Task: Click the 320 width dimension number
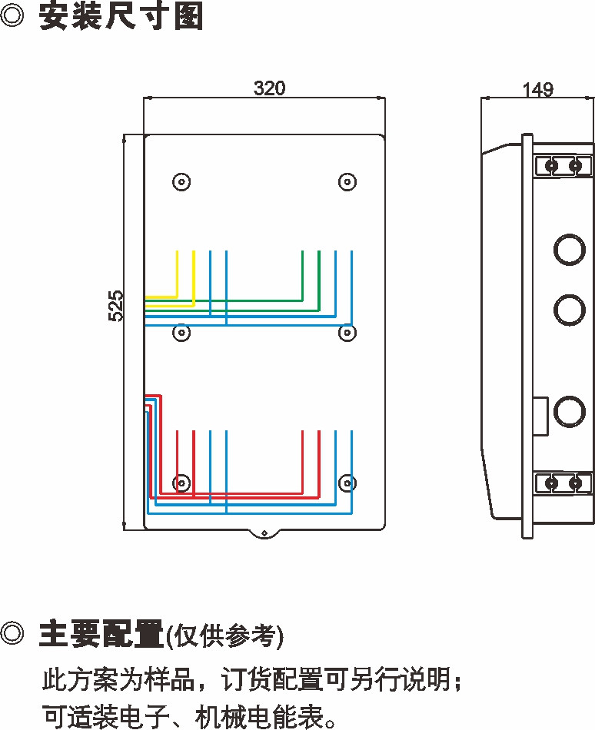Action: (269, 88)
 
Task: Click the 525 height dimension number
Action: (115, 305)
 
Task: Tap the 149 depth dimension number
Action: (537, 90)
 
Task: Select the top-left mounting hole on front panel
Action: (181, 182)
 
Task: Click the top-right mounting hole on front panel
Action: (347, 182)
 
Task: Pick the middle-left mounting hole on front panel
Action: (181, 333)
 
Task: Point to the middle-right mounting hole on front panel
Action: (347, 333)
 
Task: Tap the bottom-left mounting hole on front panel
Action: (181, 483)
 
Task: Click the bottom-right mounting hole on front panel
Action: (347, 483)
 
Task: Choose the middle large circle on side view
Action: (569, 308)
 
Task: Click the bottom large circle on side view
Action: (569, 411)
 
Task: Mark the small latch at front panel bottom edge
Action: (264, 533)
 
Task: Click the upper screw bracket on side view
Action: (563, 165)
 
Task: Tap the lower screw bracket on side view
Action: (563, 483)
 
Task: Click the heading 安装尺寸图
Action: (121, 17)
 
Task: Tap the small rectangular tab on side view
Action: (540, 413)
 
